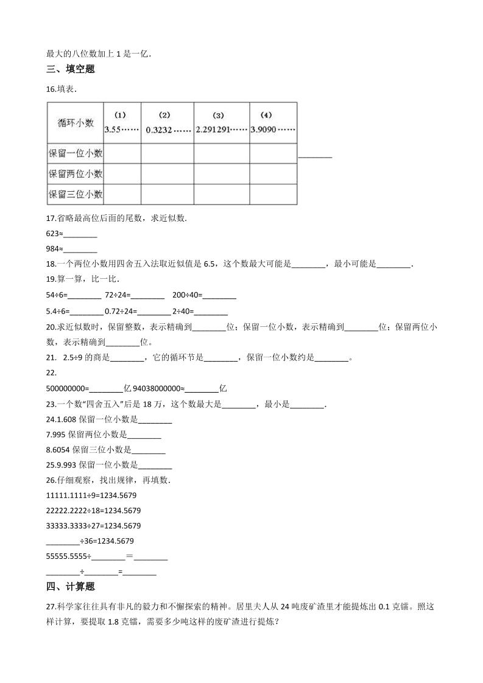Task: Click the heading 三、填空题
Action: (70, 69)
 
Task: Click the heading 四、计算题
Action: (70, 587)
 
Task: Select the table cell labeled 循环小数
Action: (76, 123)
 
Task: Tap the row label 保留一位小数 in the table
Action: (76, 153)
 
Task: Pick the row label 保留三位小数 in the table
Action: (76, 195)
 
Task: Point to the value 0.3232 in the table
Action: (158, 129)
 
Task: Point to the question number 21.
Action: (51, 357)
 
